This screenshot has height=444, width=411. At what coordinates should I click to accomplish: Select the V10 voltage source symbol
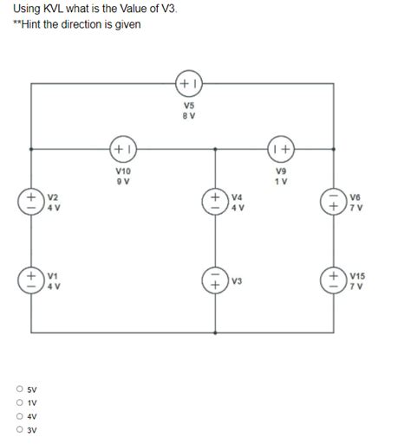pyautogui.click(x=122, y=149)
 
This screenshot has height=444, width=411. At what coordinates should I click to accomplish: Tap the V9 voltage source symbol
pyautogui.click(x=281, y=149)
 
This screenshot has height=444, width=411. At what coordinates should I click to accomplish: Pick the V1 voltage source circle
pyautogui.click(x=32, y=280)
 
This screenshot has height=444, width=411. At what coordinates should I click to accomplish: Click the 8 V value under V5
pyautogui.click(x=189, y=115)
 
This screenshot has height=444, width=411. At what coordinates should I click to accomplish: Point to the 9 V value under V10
pyautogui.click(x=122, y=181)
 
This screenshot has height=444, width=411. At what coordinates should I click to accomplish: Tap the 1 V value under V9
pyautogui.click(x=281, y=181)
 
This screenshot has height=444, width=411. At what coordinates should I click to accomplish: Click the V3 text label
pyautogui.click(x=238, y=280)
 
